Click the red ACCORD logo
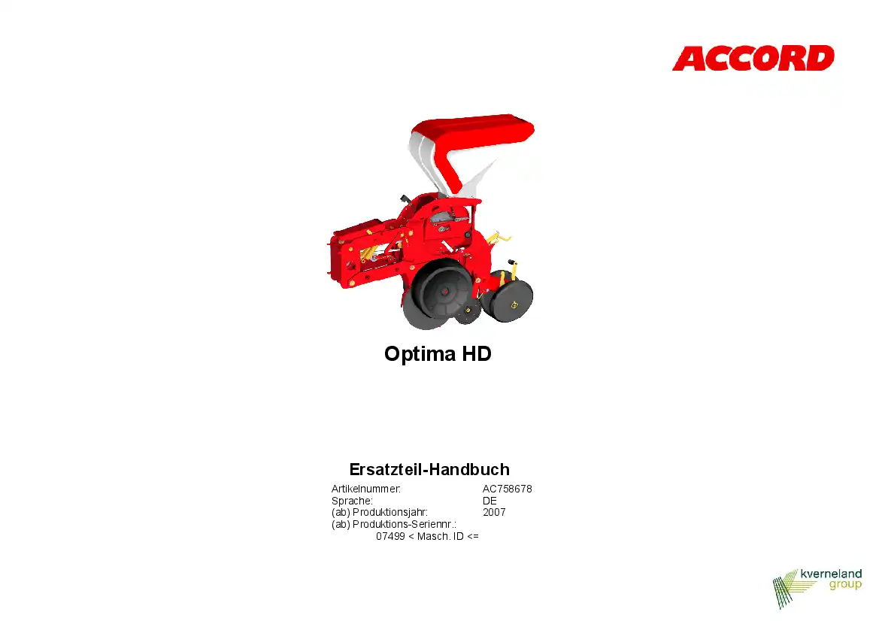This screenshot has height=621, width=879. [753, 59]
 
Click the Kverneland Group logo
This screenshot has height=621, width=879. [817, 588]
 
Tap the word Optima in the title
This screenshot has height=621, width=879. [420, 354]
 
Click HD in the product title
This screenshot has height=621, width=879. [477, 353]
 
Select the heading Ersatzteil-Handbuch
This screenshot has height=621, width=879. [429, 469]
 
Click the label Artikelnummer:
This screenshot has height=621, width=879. [366, 489]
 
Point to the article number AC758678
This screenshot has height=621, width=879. [508, 489]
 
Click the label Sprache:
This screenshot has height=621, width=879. [352, 501]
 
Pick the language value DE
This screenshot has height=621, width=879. [490, 501]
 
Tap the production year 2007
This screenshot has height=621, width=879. [494, 512]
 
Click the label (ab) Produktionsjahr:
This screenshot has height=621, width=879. [380, 513]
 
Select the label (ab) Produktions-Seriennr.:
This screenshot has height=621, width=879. [393, 525]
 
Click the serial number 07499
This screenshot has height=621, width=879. [390, 536]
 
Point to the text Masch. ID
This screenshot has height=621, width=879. [440, 536]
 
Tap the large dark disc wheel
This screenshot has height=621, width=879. [438, 297]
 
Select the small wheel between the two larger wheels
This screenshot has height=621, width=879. [468, 310]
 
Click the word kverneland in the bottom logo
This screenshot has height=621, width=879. [831, 574]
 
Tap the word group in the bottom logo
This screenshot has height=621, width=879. [845, 585]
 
